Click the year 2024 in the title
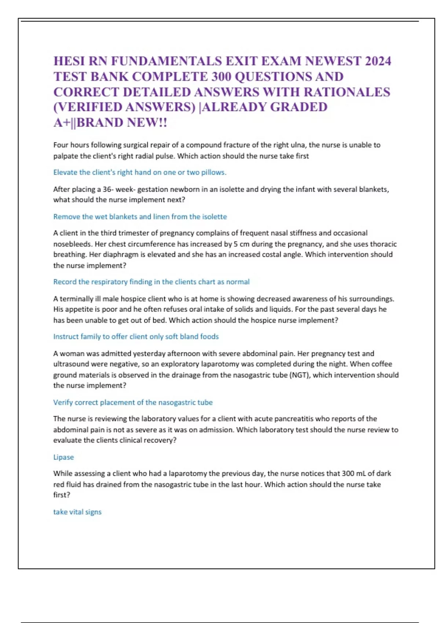377,61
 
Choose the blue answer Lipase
63,457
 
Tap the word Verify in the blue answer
63,402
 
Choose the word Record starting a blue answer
65,281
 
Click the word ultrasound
71,364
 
